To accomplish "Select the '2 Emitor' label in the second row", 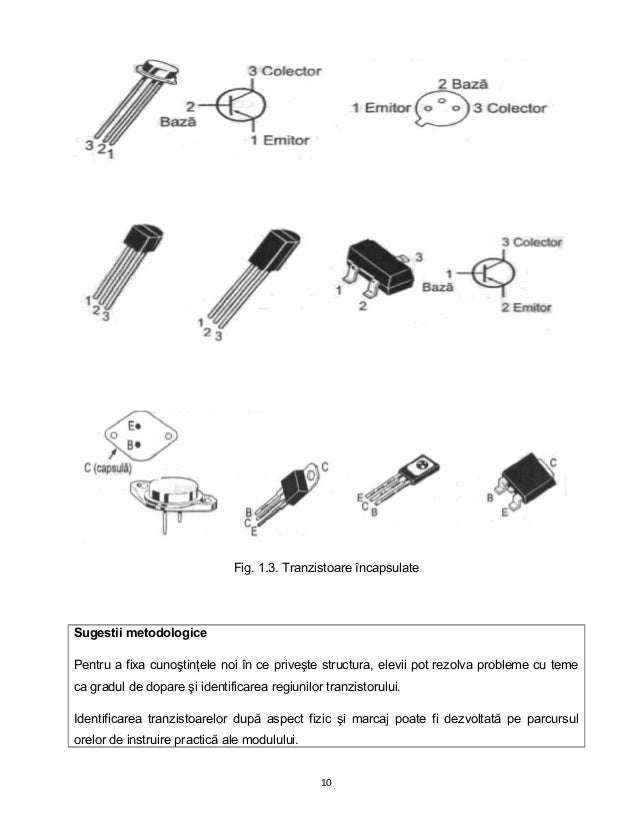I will click(525, 308).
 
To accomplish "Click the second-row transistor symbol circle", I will click(493, 273).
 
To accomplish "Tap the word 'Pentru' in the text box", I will click(92, 664).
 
